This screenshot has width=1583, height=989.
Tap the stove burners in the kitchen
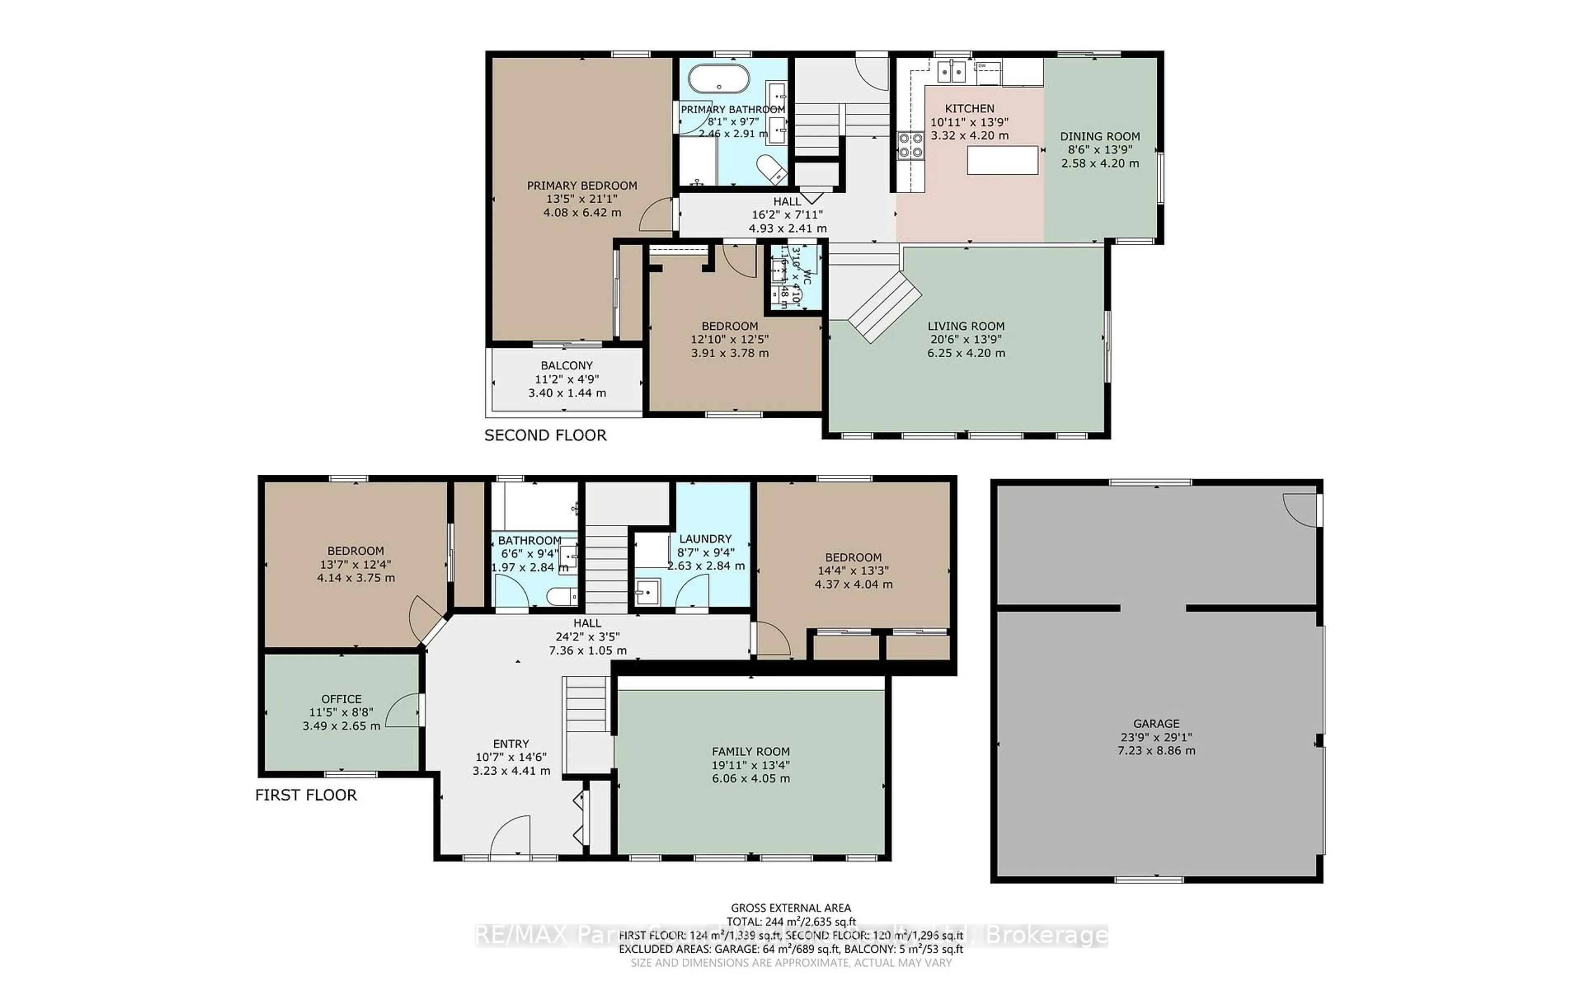tap(910, 145)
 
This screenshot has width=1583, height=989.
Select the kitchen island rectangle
tap(1002, 160)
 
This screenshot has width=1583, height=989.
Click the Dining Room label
tap(1099, 136)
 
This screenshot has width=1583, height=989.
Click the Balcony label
tap(566, 366)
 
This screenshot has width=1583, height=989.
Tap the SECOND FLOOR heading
tap(545, 436)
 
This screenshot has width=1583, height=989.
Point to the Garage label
tap(1156, 724)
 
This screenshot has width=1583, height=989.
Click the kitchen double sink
tap(951, 70)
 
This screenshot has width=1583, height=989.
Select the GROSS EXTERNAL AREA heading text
tap(790, 908)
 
